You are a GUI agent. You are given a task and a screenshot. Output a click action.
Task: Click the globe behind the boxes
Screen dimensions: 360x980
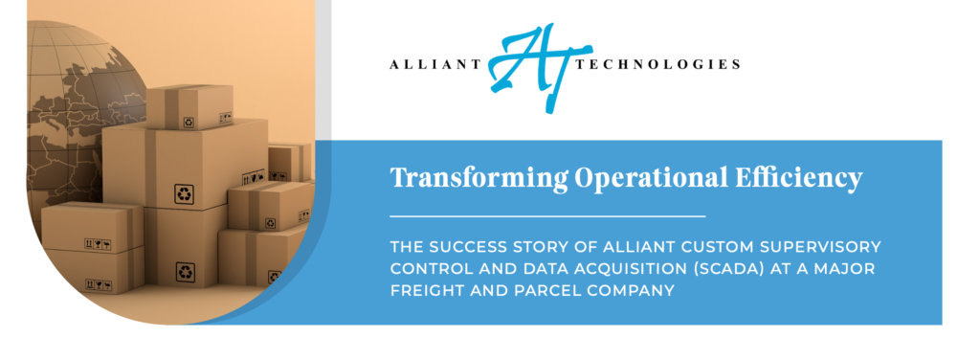[67, 105]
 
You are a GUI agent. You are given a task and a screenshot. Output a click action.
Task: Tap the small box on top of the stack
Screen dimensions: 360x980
[189, 104]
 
